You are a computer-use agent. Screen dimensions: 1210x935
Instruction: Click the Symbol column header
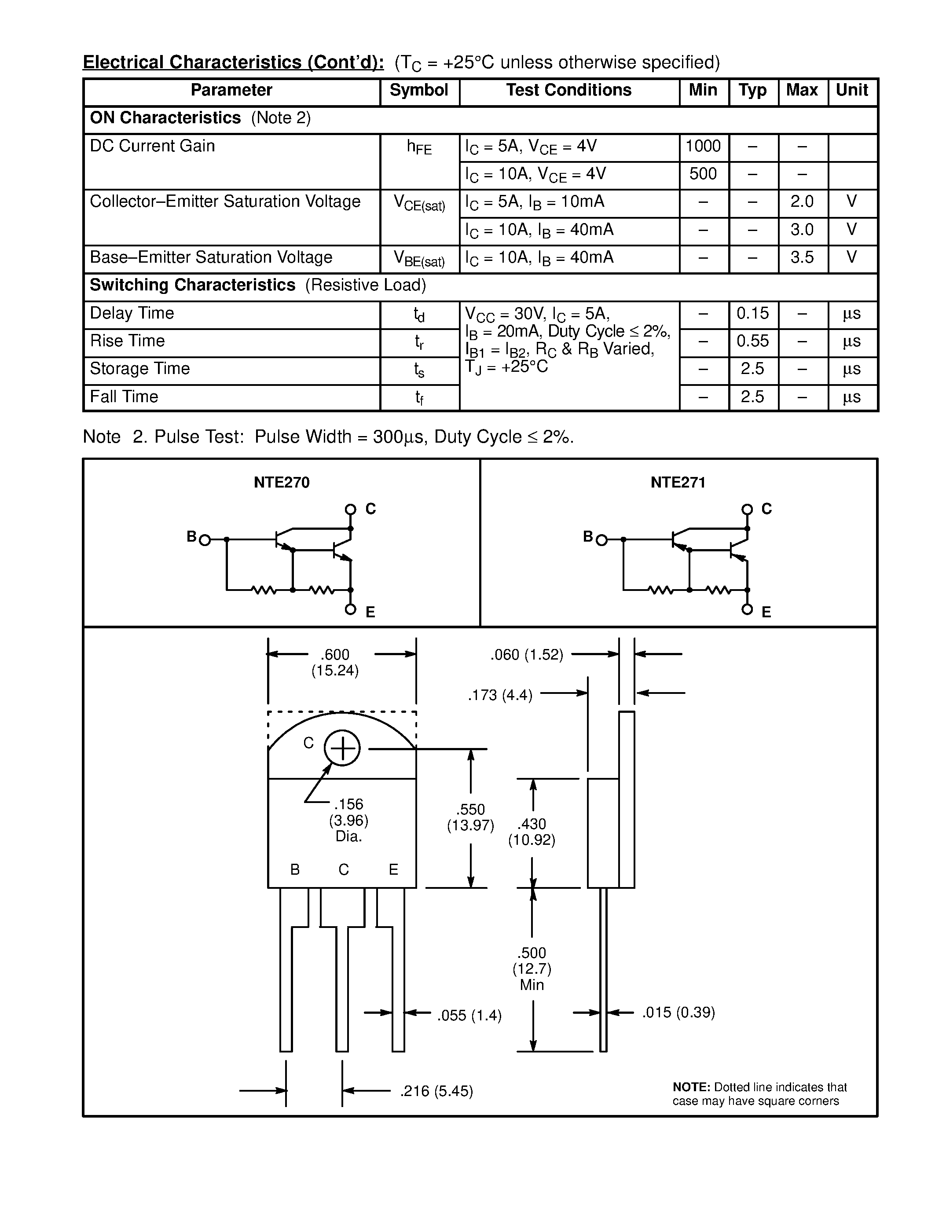click(419, 90)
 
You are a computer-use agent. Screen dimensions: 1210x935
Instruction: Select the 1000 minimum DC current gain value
click(703, 146)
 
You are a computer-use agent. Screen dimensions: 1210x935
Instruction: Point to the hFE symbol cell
click(419, 147)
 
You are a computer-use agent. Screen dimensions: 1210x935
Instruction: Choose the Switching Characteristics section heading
click(192, 285)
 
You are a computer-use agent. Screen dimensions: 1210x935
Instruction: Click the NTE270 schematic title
click(282, 483)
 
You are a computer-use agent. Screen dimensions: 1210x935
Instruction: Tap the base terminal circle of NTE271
click(601, 539)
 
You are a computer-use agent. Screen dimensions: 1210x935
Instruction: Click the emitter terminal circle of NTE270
click(350, 609)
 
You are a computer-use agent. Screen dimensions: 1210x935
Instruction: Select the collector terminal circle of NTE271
click(747, 509)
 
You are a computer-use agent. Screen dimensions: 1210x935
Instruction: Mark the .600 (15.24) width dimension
click(335, 663)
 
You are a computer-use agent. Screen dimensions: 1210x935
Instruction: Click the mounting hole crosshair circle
click(342, 748)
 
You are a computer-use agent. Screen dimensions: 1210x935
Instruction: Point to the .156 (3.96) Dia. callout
click(348, 820)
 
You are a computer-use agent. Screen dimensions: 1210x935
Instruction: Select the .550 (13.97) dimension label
click(470, 817)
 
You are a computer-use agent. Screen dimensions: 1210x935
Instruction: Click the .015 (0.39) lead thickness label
click(678, 1013)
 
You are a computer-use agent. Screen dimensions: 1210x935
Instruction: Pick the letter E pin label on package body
click(393, 870)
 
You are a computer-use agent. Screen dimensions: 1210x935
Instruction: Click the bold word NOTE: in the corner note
click(691, 1087)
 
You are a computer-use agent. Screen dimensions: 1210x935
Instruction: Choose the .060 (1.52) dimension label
click(526, 655)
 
